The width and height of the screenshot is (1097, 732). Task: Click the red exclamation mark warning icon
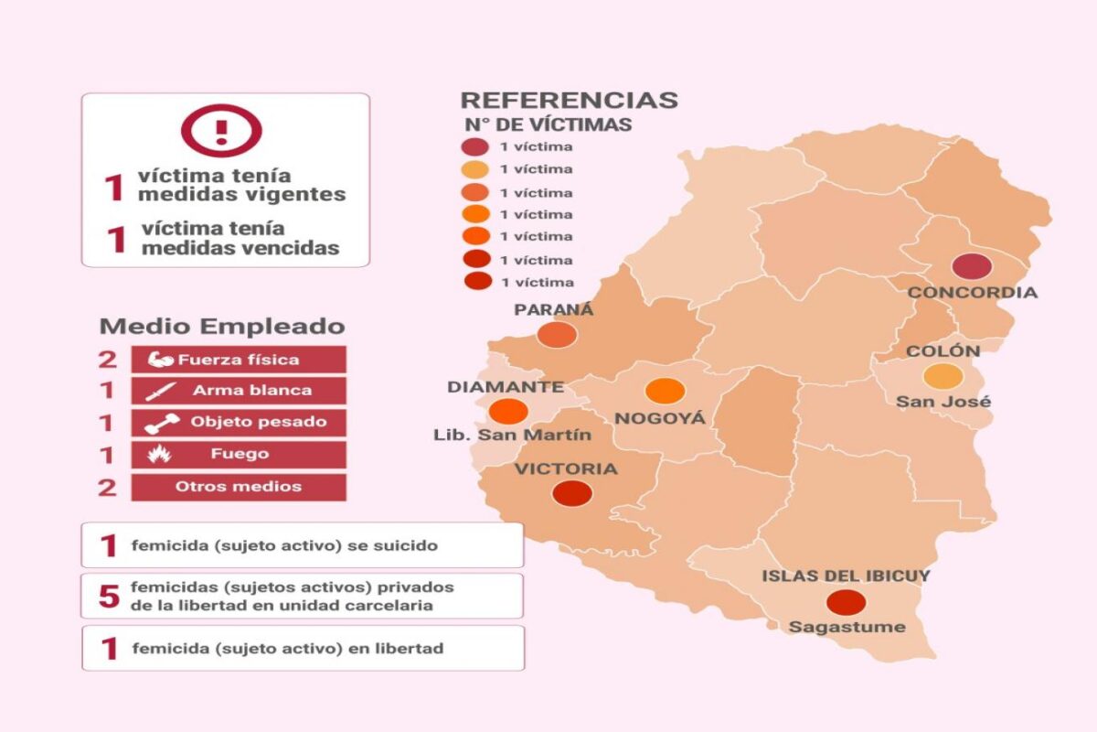coord(220,129)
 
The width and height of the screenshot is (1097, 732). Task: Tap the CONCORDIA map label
coord(972,293)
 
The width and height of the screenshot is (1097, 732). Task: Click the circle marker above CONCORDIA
coord(971,267)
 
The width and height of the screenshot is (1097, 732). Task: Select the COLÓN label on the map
coord(943,351)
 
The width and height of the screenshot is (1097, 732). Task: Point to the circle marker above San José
coord(943,376)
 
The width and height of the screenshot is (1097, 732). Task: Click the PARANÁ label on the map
coord(553,309)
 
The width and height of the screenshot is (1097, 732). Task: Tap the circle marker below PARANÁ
coord(557,335)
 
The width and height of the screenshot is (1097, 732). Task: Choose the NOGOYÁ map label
coord(659,419)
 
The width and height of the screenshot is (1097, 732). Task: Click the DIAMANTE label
coord(505,387)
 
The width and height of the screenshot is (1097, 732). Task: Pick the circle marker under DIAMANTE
coord(508,412)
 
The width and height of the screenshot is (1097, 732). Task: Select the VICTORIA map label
coord(565,469)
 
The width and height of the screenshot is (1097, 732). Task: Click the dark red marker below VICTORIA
coord(572,493)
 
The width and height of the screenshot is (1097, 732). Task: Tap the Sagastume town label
coord(847,628)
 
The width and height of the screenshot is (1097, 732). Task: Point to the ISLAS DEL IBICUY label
coord(846,576)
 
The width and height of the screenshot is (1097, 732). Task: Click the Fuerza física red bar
coord(239,360)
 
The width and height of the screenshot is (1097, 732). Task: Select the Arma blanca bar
coord(239,391)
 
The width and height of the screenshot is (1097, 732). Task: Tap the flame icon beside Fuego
coord(159,454)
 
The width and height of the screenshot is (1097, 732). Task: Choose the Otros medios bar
coord(239,487)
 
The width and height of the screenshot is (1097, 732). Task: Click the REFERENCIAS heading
coord(569,101)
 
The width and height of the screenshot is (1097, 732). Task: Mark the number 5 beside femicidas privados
coord(109,597)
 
